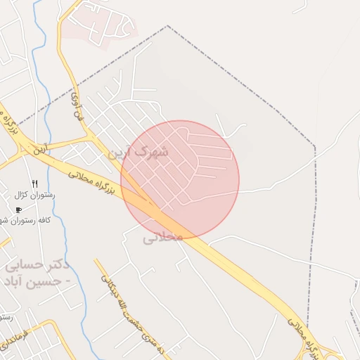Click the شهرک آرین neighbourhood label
pos(145,152)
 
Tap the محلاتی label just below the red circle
pos(163,238)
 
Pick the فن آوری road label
pos(76,106)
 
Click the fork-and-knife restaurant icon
pos(34,183)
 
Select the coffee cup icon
pos(19,210)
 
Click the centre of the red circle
pos(180,179)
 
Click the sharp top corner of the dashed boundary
pos(167,26)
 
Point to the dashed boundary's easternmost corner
pos(314,148)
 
